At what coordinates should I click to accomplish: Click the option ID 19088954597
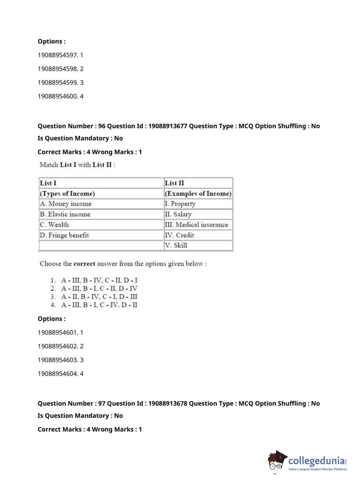pos(58,55)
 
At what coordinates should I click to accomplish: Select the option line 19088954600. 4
pos(60,96)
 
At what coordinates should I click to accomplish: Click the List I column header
pos(48,183)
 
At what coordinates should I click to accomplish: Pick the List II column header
pos(174,183)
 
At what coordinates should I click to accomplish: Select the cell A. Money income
pos(66,204)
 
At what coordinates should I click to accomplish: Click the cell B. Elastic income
pos(65,214)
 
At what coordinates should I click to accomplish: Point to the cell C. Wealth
pos(54,225)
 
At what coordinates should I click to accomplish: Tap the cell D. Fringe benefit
pos(64,235)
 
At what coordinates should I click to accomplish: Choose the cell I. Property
pos(180,204)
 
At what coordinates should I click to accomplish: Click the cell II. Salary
pos(178,214)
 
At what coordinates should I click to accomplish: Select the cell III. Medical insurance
pos(196,225)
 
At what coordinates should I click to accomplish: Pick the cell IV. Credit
pos(179,235)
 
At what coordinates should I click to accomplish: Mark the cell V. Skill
pos(176,245)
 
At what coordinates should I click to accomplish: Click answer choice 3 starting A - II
pos(99,297)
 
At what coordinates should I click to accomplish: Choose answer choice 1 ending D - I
pos(99,280)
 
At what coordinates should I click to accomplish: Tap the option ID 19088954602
pos(58,346)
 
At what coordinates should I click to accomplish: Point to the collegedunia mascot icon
pos(277,461)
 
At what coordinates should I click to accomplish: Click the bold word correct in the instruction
pos(84,264)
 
